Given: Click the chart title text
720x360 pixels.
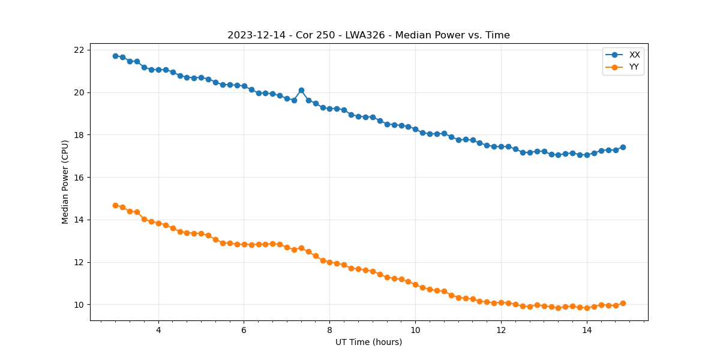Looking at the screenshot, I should (x=368, y=35).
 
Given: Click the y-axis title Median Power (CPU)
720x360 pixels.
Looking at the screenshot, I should (x=65, y=182).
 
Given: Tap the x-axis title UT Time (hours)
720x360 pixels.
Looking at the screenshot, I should (x=368, y=342).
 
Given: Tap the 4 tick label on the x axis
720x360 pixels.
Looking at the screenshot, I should (x=158, y=330).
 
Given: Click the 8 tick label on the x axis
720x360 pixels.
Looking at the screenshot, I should (x=329, y=330).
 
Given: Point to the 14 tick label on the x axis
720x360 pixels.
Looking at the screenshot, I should (x=587, y=330).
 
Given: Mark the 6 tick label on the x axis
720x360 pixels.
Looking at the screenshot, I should (x=244, y=330).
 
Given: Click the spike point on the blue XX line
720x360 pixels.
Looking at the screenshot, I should (x=301, y=90).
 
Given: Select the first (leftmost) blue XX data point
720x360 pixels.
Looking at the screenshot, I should (x=115, y=56).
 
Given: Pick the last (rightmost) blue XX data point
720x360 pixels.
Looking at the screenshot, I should (x=623, y=147).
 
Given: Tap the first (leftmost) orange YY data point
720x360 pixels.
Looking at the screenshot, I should (x=115, y=205).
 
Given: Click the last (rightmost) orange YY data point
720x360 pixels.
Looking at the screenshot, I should (x=623, y=303).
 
